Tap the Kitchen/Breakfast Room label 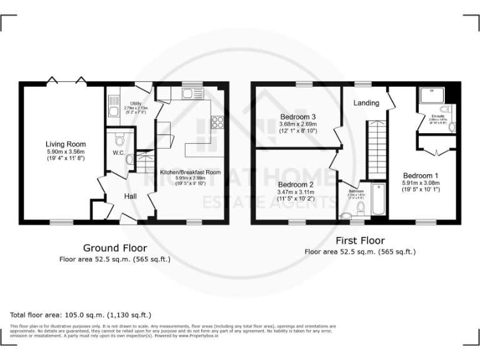coord(191,172)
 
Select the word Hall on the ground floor coord(130,196)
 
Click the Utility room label coord(136,103)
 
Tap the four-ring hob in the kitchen coord(218,122)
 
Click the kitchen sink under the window coord(189,94)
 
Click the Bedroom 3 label coord(297,117)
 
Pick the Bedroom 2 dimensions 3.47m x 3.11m coord(296,192)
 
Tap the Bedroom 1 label coord(420,176)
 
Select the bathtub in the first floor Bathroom coord(377,200)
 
